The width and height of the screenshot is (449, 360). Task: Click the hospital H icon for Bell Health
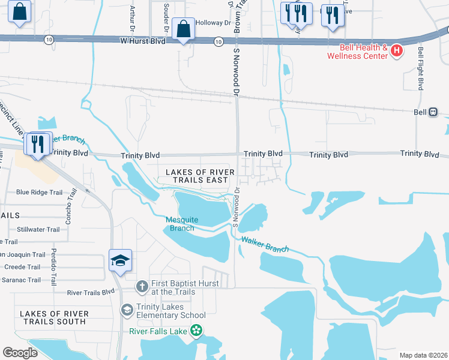[396, 52]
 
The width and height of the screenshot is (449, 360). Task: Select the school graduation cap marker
[120, 261]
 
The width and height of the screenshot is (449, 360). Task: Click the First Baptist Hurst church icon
[142, 286]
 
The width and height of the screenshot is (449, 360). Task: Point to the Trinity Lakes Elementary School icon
[127, 310]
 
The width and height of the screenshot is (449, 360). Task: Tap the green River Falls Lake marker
[196, 331]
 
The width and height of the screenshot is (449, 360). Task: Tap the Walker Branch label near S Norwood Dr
[265, 244]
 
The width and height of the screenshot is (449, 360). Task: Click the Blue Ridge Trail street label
[39, 193]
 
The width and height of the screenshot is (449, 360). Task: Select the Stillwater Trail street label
[38, 229]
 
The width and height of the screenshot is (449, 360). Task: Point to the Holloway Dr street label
[213, 23]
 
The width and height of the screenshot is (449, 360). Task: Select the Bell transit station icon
[433, 112]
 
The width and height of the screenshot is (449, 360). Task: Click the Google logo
[20, 353]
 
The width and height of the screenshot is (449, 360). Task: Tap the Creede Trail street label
[22, 267]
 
